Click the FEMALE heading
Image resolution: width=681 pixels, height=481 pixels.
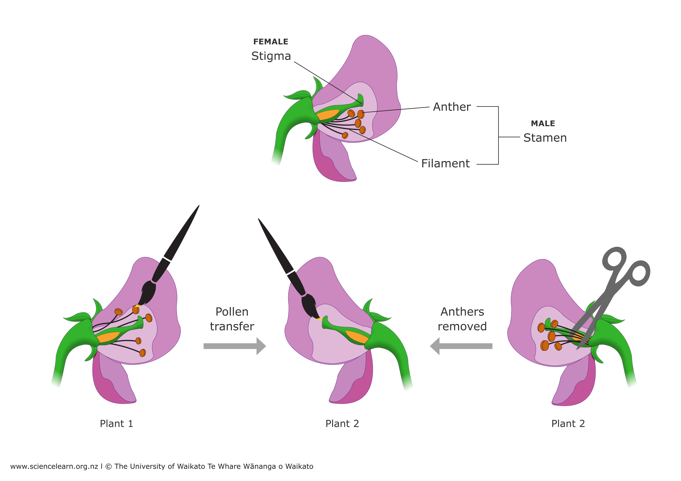tap(271, 42)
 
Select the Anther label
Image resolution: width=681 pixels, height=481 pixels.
tap(451, 107)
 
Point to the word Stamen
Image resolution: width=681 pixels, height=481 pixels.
tap(545, 138)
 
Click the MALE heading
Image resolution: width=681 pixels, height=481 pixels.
tap(543, 124)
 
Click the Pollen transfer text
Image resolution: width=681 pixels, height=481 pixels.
tap(232, 319)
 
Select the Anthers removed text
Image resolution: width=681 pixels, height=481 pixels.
tap(462, 319)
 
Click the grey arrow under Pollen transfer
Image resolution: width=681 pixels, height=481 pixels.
tap(234, 346)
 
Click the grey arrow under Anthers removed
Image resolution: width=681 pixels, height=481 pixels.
tap(461, 346)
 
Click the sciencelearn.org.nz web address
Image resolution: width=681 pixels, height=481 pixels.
tap(54, 466)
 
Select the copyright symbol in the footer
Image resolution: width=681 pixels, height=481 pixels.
tap(108, 466)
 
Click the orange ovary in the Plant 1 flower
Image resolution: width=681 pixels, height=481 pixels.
tap(107, 337)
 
